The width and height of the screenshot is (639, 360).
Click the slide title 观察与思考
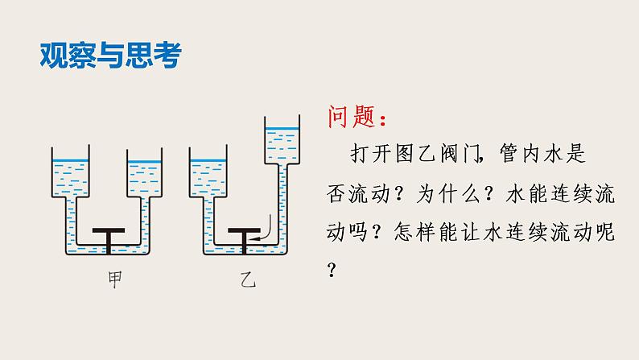pos(110,56)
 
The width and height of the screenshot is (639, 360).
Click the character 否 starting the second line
pos(337,194)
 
